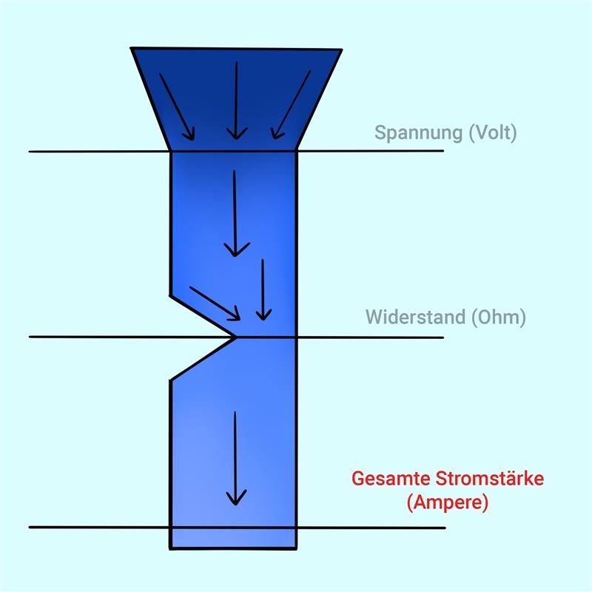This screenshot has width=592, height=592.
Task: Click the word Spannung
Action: pyautogui.click(x=419, y=133)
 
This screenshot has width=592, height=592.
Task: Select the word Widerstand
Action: pyautogui.click(x=416, y=317)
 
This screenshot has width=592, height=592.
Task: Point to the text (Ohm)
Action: pyautogui.click(x=499, y=317)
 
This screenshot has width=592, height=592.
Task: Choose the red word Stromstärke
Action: pyautogui.click(x=490, y=478)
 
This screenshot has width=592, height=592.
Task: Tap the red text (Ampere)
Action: pyautogui.click(x=448, y=502)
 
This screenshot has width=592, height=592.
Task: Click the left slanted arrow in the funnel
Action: pyautogui.click(x=177, y=107)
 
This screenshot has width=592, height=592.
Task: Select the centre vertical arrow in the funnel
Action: pyautogui.click(x=236, y=101)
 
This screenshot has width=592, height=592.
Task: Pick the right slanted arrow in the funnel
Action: pyautogui.click(x=291, y=104)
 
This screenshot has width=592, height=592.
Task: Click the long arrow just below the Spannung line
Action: pyautogui.click(x=235, y=213)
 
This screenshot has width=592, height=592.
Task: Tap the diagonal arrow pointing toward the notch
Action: pyautogui.click(x=215, y=303)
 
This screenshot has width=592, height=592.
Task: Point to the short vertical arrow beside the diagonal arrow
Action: pyautogui.click(x=263, y=289)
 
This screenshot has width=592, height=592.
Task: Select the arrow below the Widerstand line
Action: pyautogui.click(x=235, y=458)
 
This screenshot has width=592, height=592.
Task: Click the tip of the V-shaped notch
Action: pyautogui.click(x=236, y=337)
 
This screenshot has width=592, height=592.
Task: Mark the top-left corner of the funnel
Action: pyautogui.click(x=131, y=48)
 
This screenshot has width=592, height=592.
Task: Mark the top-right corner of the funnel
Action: pyautogui.click(x=342, y=50)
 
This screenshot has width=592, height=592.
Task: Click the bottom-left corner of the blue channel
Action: pyautogui.click(x=170, y=548)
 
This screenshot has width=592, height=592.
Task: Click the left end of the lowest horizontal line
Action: pyautogui.click(x=30, y=527)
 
